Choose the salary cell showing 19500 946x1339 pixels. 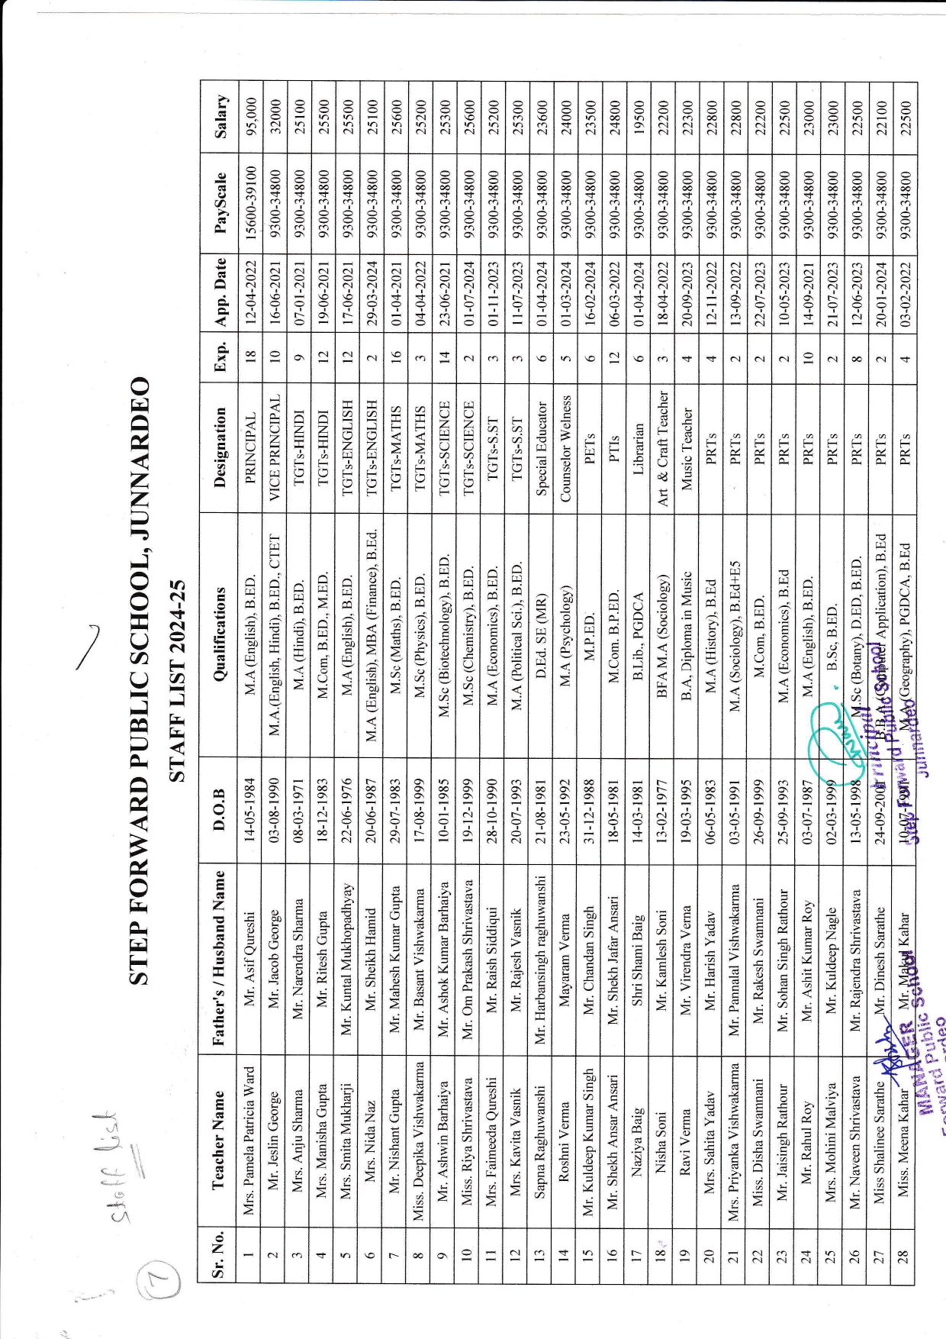click(639, 116)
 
